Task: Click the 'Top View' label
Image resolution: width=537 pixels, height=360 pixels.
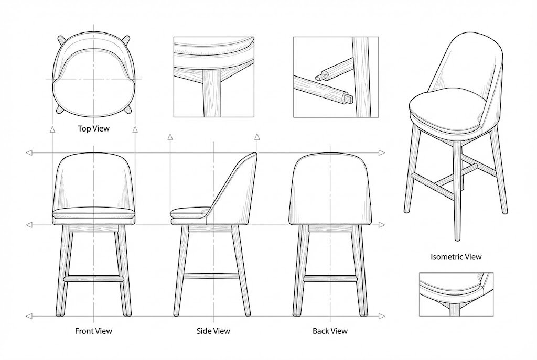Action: click(93, 129)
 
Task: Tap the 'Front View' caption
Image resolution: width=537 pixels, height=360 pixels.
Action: click(93, 331)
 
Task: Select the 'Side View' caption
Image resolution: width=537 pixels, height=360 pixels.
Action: click(213, 331)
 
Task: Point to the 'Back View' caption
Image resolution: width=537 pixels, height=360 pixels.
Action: click(330, 331)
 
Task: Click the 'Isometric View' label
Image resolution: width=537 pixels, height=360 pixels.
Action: click(456, 257)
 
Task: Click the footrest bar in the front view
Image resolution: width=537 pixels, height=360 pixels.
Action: click(93, 279)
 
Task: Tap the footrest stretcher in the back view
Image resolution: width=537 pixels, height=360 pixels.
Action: click(330, 279)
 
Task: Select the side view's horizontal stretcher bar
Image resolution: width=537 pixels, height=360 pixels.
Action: click(211, 276)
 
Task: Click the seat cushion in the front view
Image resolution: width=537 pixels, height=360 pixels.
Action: click(93, 215)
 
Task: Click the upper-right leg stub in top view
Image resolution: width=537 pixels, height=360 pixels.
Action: click(126, 40)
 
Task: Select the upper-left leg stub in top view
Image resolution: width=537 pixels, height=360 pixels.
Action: click(62, 40)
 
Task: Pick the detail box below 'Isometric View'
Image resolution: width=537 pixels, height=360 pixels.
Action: click(456, 294)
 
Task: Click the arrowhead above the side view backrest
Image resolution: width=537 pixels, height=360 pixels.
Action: click(257, 137)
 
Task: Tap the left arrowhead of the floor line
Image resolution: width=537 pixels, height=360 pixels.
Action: click(29, 317)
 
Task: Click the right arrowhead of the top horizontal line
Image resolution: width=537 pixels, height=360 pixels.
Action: click(382, 152)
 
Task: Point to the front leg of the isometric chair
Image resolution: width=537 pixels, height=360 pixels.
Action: click(457, 192)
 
